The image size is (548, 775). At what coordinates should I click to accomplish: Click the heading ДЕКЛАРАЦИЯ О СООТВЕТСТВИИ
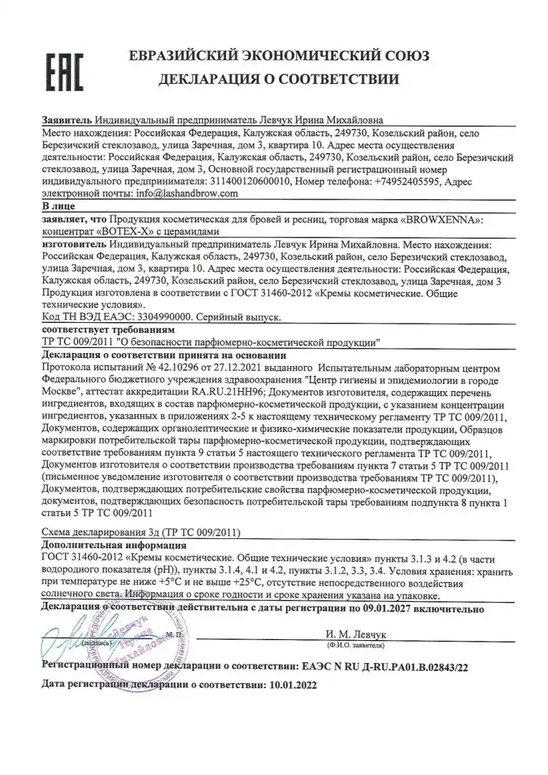click(279, 78)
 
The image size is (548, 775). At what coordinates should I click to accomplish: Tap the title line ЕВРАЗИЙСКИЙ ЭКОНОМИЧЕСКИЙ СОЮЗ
click(279, 55)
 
